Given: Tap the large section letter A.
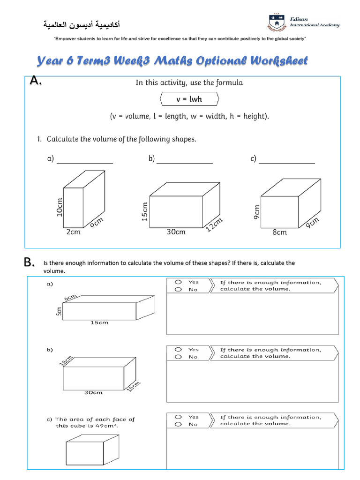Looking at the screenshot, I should click(36, 81).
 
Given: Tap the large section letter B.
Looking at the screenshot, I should click(30, 263).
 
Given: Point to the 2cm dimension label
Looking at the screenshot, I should click(73, 232).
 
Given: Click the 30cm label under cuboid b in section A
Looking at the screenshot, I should click(176, 232).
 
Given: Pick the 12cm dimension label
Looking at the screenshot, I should click(214, 225).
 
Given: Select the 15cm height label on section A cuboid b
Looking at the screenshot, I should click(145, 211).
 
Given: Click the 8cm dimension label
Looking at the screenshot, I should click(279, 232).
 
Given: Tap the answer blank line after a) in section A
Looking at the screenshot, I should click(85, 163).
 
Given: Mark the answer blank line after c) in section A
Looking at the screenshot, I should click(287, 163).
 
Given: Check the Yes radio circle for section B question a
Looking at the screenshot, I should click(178, 282).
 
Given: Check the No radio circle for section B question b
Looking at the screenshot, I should click(178, 357).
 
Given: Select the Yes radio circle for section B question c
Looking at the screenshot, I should click(178, 417).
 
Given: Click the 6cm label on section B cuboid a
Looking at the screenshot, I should click(71, 299).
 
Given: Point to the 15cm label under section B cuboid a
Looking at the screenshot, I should click(99, 322).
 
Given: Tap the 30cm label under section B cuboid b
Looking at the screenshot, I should click(93, 392).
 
